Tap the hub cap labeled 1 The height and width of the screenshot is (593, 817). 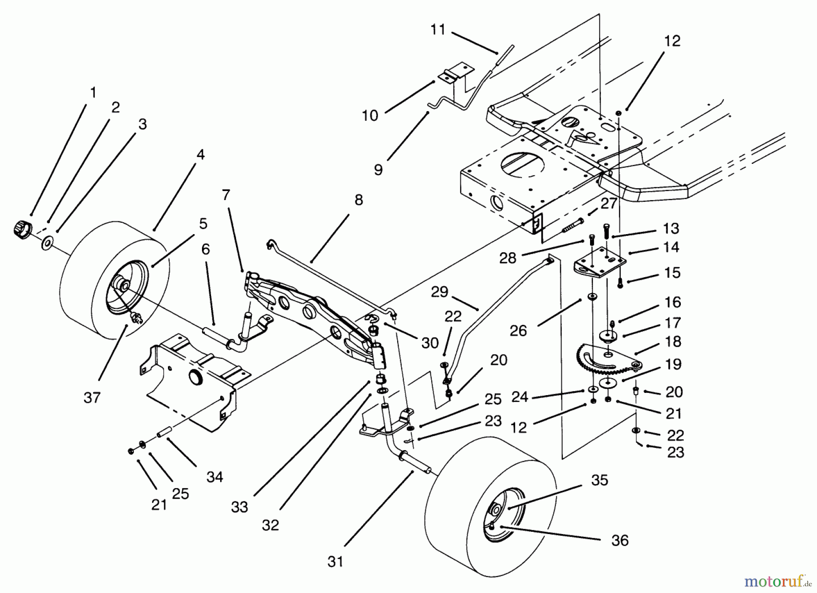point(21,228)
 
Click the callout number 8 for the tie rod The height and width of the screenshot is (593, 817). point(358,200)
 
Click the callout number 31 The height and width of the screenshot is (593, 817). point(335,562)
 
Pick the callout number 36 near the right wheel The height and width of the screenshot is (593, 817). point(620,540)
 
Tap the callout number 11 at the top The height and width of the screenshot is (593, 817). point(438,30)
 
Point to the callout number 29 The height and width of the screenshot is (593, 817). point(439,292)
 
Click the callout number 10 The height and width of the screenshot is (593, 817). point(370,115)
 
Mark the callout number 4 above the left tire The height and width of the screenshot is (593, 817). point(200,154)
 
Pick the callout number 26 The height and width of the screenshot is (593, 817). point(518,330)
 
